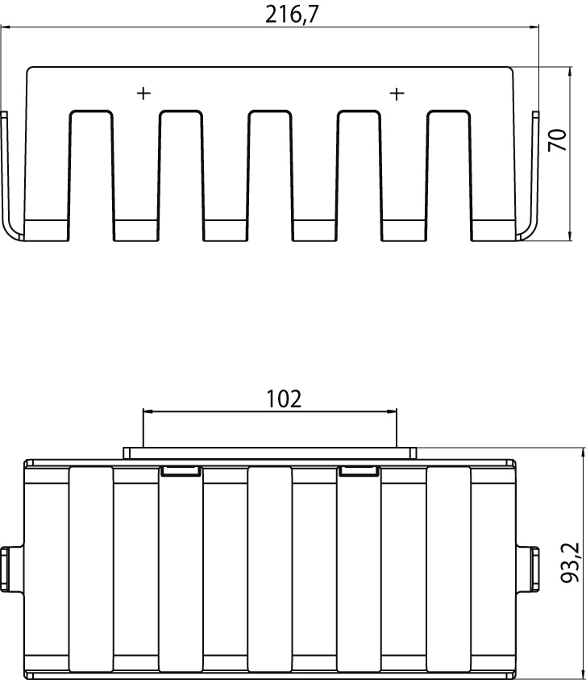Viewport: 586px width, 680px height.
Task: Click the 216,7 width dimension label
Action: (x=292, y=15)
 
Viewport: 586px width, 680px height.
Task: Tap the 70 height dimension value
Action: (x=558, y=140)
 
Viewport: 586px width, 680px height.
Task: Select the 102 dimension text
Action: (x=284, y=399)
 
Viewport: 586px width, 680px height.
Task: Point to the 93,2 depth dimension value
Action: (x=570, y=562)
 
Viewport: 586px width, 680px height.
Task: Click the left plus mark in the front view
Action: (x=143, y=93)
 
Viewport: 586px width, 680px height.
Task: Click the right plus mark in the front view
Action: (x=397, y=94)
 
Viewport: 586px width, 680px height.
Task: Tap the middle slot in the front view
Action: (x=269, y=176)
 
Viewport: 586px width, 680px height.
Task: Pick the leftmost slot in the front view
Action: (x=91, y=176)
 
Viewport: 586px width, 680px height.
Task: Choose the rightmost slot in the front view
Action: (x=449, y=176)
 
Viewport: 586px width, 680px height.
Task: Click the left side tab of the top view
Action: (x=11, y=568)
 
